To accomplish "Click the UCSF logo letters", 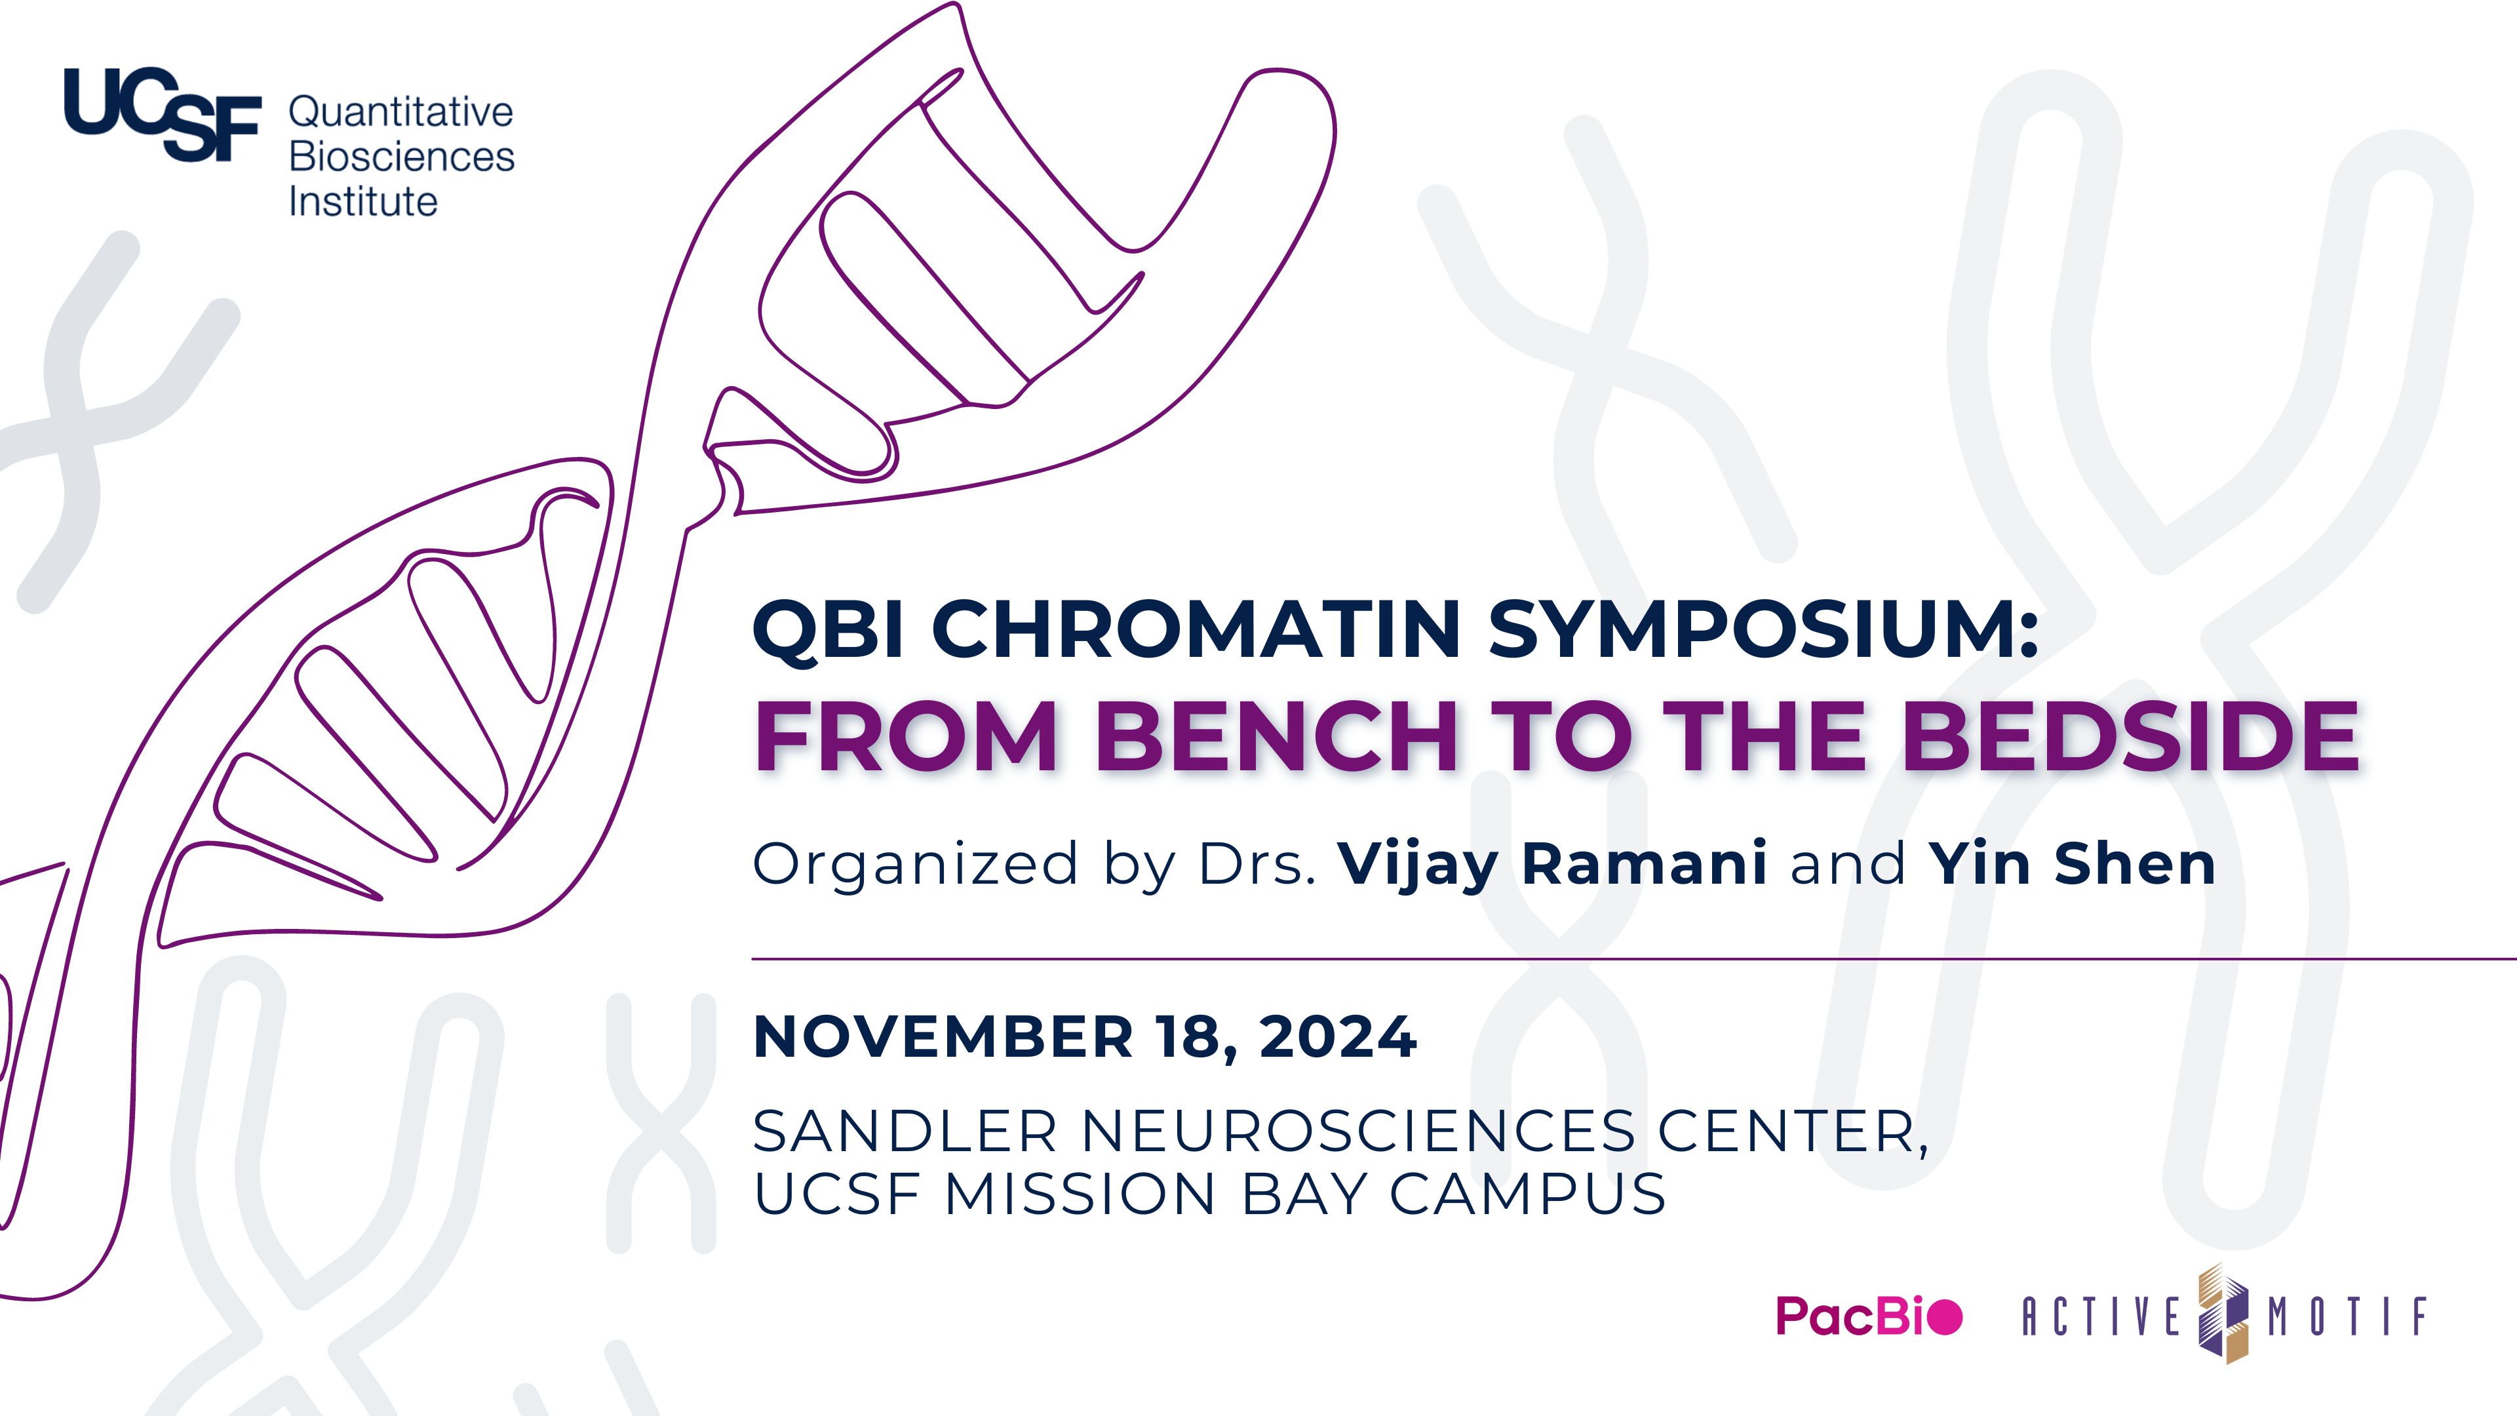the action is tap(162, 114).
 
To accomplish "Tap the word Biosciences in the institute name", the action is tap(402, 157).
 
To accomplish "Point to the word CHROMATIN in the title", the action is tap(1196, 629).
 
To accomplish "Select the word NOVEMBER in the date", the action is tap(944, 1037).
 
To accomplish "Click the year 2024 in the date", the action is tap(1338, 1037).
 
